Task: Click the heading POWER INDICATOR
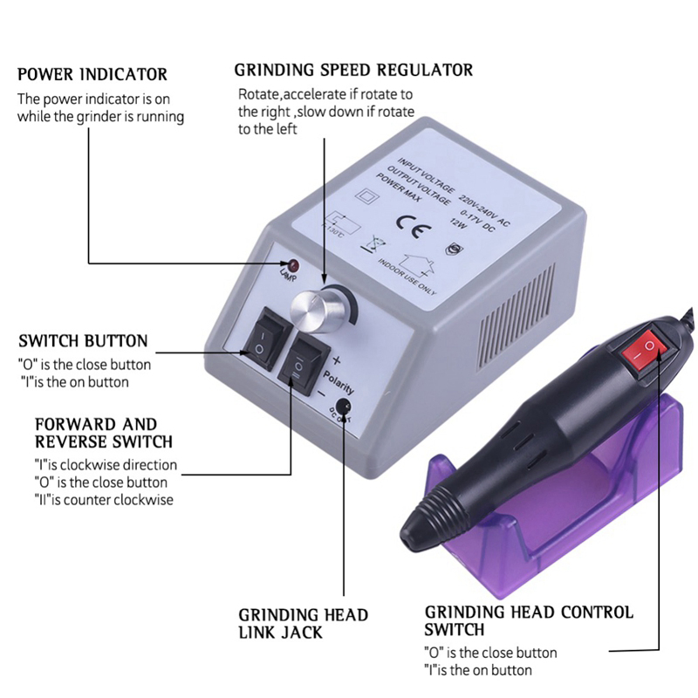point(92,74)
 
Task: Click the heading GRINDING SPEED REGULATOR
point(353,70)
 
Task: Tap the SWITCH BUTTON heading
point(83,340)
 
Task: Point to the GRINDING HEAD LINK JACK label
point(304,623)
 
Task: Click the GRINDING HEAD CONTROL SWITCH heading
point(529,620)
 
